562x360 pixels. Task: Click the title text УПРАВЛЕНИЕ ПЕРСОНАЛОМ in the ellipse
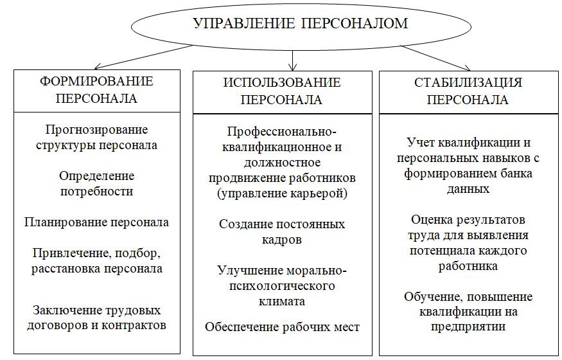tap(301, 23)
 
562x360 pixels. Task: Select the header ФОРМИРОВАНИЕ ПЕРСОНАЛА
tap(96, 89)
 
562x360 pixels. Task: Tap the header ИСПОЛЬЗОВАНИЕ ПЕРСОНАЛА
tap(282, 91)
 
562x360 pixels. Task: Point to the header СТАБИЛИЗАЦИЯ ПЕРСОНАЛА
tap(468, 91)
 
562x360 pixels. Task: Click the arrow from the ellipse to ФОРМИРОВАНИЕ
tap(144, 57)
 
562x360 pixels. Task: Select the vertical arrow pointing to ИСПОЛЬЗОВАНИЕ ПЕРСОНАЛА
tap(293, 60)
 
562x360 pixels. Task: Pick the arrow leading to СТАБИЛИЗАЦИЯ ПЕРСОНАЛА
tap(435, 58)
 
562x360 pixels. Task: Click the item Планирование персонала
tap(96, 222)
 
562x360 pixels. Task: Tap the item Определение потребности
tap(96, 183)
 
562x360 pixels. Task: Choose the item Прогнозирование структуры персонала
tap(96, 137)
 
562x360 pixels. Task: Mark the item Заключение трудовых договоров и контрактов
tap(96, 318)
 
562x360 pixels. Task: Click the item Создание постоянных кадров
tap(282, 231)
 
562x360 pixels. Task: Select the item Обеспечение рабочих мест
tap(282, 327)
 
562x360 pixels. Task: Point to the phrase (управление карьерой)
tap(282, 194)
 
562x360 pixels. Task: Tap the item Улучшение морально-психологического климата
tap(282, 286)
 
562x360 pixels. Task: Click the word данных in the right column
tap(468, 189)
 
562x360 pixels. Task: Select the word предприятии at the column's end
tap(468, 327)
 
